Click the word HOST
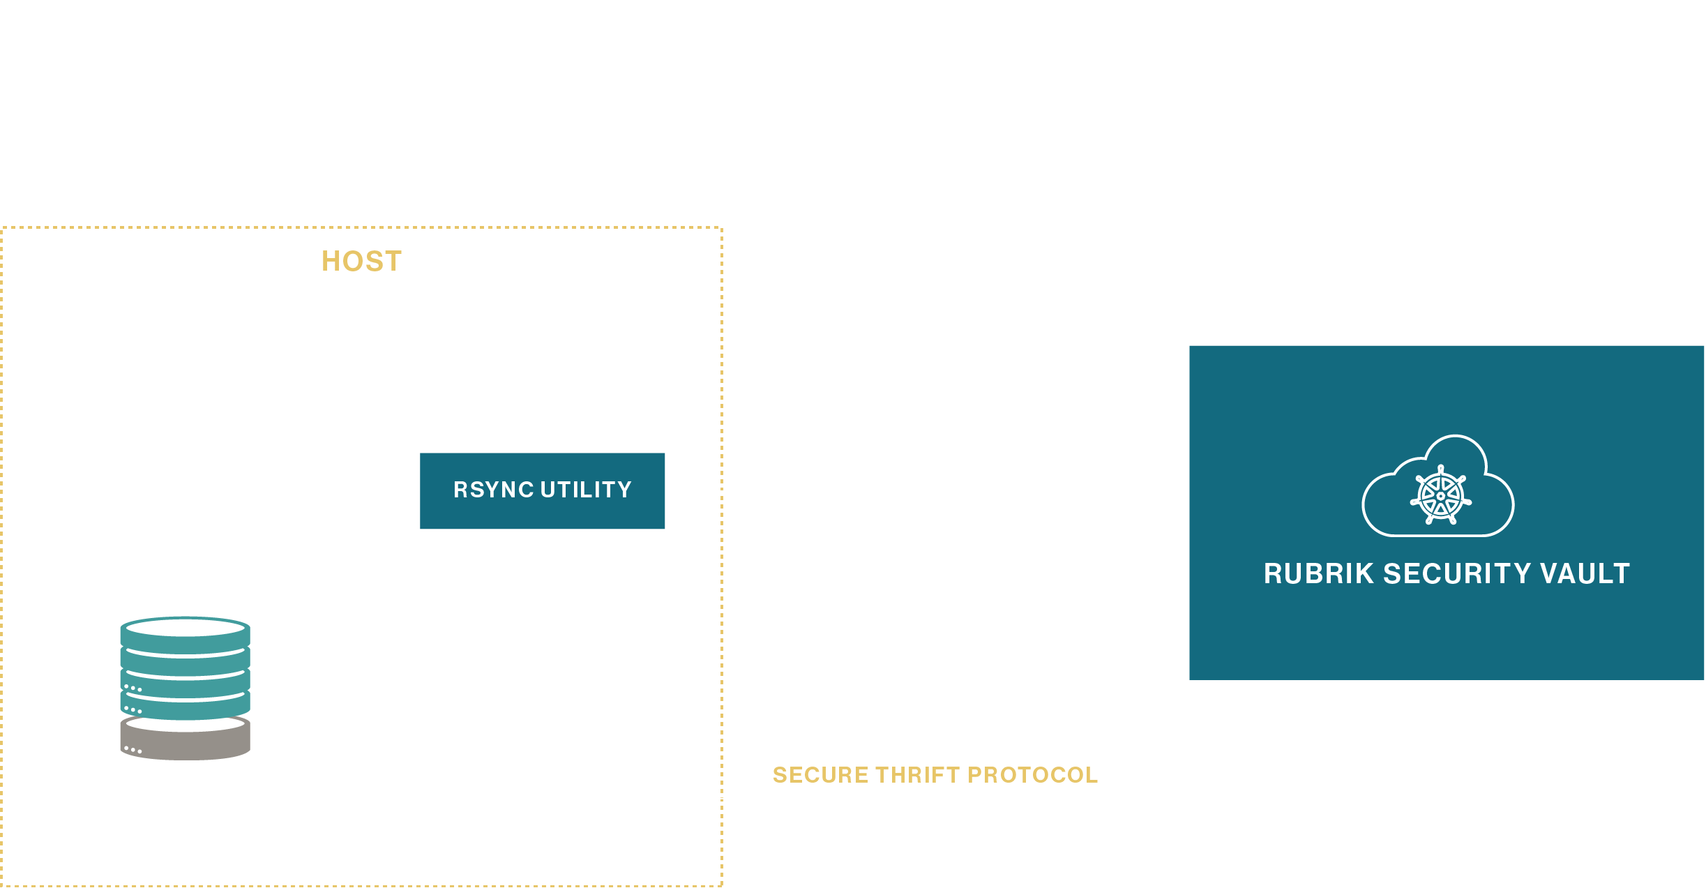click(x=361, y=262)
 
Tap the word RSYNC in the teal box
click(x=493, y=490)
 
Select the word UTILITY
click(x=586, y=490)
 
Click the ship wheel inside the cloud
click(x=1440, y=496)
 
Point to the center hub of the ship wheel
click(x=1440, y=496)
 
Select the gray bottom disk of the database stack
click(x=185, y=741)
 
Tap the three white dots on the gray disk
click(x=133, y=750)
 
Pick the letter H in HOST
click(x=331, y=262)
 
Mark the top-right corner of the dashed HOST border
click(x=722, y=227)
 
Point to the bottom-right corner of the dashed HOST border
click(x=722, y=886)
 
